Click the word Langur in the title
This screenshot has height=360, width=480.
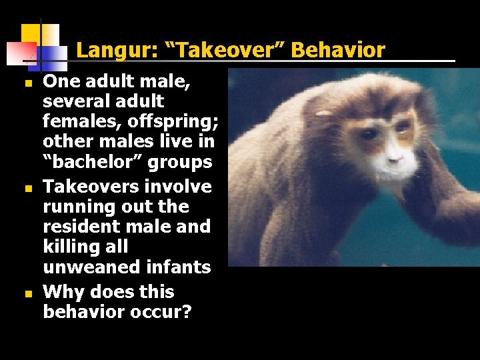click(x=107, y=50)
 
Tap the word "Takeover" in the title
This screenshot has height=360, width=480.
click(x=214, y=50)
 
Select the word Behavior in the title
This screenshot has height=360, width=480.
click(x=338, y=50)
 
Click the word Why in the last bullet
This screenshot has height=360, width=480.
click(x=63, y=292)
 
